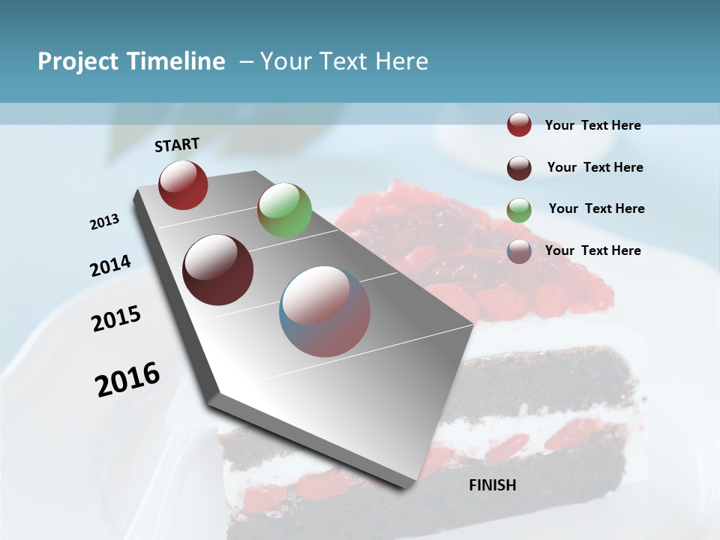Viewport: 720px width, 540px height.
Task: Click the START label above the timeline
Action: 177,145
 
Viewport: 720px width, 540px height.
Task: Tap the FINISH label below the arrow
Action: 492,485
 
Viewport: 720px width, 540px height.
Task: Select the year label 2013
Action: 105,222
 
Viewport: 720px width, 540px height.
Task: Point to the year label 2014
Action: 110,265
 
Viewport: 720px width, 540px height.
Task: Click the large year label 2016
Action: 127,379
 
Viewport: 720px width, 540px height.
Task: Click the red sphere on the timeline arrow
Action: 183,185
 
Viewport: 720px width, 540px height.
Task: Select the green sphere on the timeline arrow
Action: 284,210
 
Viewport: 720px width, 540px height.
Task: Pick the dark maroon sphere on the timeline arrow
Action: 218,270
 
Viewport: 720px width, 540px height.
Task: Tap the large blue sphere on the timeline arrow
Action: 325,311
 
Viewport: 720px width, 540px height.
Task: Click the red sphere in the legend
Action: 519,125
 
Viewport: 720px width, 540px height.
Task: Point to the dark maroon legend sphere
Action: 519,167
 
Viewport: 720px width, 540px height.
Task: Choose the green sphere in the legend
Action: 519,209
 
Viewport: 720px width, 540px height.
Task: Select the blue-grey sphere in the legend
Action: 519,251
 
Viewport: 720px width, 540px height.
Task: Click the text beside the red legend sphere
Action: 592,125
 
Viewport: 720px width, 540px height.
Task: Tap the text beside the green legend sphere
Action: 596,208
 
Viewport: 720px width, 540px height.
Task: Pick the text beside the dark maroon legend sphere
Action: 595,167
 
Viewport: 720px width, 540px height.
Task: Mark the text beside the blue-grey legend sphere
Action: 592,250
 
